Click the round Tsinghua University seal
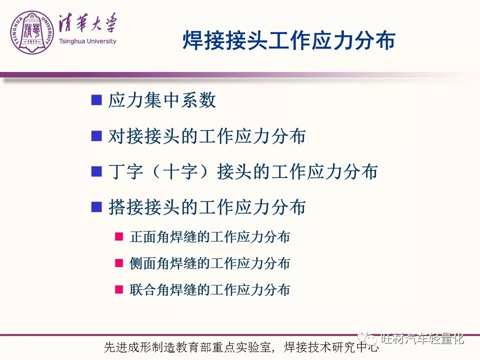32,32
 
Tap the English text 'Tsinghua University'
87,41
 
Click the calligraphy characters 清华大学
88,23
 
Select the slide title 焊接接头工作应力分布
289,40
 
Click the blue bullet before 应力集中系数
96,100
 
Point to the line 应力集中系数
162,100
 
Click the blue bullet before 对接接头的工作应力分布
96,135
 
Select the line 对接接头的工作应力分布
207,136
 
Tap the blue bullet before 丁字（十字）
96,171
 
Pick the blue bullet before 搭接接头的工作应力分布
96,207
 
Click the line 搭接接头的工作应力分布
207,207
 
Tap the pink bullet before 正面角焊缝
119,236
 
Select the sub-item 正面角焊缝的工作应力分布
209,237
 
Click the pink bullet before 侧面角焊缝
119,263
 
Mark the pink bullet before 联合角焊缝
119,289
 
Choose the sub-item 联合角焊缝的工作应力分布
209,289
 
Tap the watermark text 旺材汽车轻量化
422,338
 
